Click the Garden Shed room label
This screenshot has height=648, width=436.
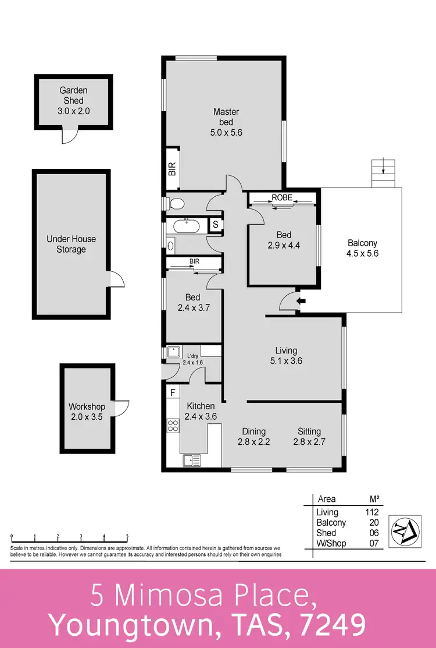(x=73, y=101)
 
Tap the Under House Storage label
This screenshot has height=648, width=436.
(x=72, y=244)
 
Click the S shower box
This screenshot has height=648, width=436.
(x=215, y=224)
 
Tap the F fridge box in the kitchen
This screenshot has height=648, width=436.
(x=173, y=392)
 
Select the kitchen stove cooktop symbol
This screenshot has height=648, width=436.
(x=173, y=426)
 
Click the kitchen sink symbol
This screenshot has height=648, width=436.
(x=192, y=460)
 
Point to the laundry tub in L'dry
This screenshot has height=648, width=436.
(x=173, y=352)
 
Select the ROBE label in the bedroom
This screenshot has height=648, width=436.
(x=283, y=198)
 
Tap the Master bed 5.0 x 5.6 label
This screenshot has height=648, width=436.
(x=226, y=122)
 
